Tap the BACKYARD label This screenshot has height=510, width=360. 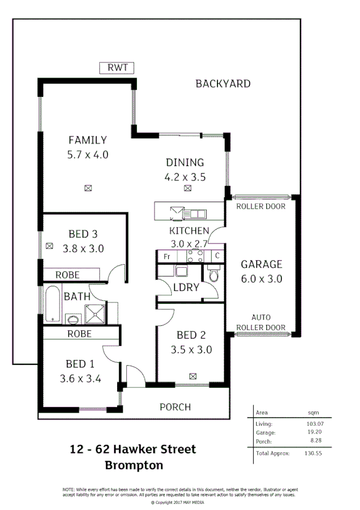[223, 84]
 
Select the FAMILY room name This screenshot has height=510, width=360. [88, 140]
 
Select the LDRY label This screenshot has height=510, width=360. [186, 287]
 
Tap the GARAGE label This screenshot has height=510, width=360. [261, 264]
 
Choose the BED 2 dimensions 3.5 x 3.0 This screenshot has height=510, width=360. [191, 350]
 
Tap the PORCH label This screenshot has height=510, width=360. [175, 407]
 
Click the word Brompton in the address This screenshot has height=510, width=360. [133, 465]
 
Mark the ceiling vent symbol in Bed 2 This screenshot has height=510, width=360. [192, 376]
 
